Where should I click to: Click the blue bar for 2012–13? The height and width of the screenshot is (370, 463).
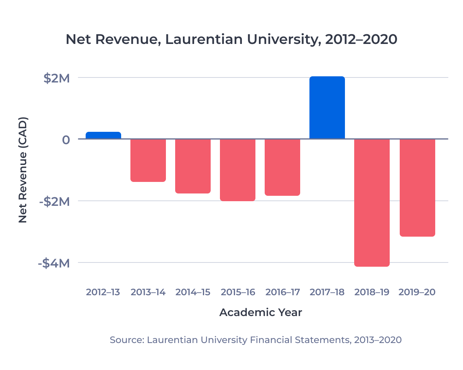pyautogui.click(x=103, y=135)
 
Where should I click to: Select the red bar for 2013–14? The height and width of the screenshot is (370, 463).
pyautogui.click(x=148, y=160)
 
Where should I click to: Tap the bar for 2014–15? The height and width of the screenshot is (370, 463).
pyautogui.click(x=193, y=166)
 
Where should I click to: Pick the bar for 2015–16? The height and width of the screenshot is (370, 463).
pyautogui.click(x=238, y=170)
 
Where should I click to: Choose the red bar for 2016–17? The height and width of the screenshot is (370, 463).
pyautogui.click(x=282, y=167)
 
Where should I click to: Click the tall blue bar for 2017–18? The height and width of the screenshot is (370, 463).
pyautogui.click(x=327, y=108)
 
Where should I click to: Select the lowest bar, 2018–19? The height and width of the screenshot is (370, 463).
pyautogui.click(x=372, y=202)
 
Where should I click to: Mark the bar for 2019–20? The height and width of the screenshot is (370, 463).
pyautogui.click(x=417, y=187)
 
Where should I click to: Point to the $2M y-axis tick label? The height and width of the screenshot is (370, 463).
pyautogui.click(x=56, y=78)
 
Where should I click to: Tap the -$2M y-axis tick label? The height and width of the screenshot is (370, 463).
pyautogui.click(x=54, y=202)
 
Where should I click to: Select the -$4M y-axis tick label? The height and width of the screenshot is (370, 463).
pyautogui.click(x=54, y=264)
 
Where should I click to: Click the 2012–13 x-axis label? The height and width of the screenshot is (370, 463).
pyautogui.click(x=103, y=292)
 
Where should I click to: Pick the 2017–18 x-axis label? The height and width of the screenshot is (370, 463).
pyautogui.click(x=327, y=292)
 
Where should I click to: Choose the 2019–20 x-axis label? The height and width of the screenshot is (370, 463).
pyautogui.click(x=417, y=292)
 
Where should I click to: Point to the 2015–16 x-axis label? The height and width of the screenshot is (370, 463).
pyautogui.click(x=238, y=292)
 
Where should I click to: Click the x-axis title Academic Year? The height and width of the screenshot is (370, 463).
pyautogui.click(x=260, y=312)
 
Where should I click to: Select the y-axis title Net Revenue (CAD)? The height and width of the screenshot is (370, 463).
pyautogui.click(x=23, y=170)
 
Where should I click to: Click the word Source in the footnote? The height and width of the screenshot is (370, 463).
pyautogui.click(x=125, y=340)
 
